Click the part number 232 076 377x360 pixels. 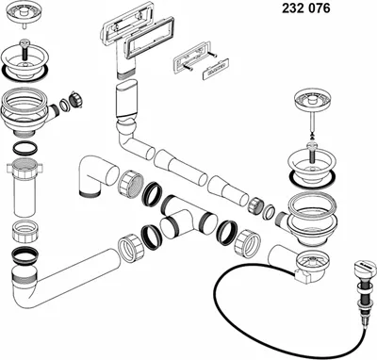(x=306, y=8)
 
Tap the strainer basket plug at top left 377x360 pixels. (x=24, y=14)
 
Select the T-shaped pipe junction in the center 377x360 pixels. (x=186, y=219)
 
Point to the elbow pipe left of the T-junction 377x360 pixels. (x=95, y=175)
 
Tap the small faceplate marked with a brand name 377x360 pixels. (x=215, y=68)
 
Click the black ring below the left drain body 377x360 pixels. (x=25, y=148)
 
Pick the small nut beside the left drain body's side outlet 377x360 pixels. (x=75, y=100)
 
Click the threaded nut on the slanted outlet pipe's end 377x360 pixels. (x=131, y=248)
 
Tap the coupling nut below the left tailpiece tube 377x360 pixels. (x=25, y=232)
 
